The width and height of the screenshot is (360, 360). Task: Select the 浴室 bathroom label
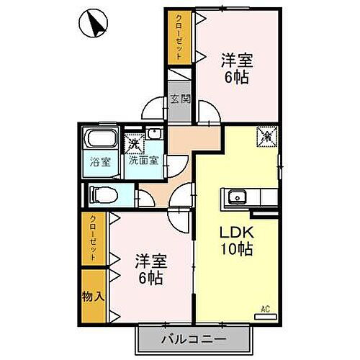[x=101, y=161]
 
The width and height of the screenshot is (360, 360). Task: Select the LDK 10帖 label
[x=236, y=243]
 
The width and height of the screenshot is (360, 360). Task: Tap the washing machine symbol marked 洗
[x=134, y=143]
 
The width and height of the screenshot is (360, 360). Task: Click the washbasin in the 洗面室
[x=154, y=135]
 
